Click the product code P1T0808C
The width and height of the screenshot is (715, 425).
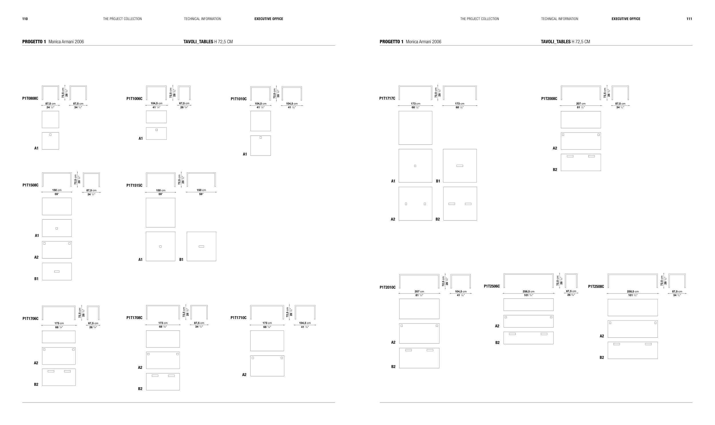click(x=30, y=99)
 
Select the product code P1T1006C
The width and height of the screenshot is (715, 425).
click(x=134, y=99)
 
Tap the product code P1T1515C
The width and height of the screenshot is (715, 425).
click(x=134, y=185)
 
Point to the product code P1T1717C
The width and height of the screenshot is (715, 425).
click(x=387, y=99)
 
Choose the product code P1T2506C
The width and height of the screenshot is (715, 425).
click(x=492, y=286)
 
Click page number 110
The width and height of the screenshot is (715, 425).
click(x=25, y=19)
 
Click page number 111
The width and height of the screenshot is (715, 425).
click(x=689, y=19)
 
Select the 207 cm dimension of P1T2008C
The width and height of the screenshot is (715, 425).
click(x=581, y=104)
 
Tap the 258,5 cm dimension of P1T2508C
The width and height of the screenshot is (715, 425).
click(x=633, y=292)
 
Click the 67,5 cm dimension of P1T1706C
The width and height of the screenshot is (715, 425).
click(x=93, y=323)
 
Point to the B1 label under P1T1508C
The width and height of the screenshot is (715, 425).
click(x=36, y=279)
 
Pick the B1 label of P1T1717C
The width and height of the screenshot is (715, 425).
click(x=438, y=181)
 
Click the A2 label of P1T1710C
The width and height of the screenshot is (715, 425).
click(x=244, y=375)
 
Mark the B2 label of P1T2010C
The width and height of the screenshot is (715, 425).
click(x=393, y=367)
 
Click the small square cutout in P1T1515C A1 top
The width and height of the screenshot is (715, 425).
click(x=160, y=247)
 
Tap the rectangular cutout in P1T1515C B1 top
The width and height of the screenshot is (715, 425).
click(x=201, y=247)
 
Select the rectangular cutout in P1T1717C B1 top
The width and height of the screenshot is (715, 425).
click(x=460, y=166)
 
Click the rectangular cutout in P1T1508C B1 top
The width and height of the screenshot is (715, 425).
click(x=57, y=271)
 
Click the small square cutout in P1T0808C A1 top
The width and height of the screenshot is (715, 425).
click(x=50, y=135)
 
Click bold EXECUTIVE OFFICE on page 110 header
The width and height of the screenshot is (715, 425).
click(x=269, y=19)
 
